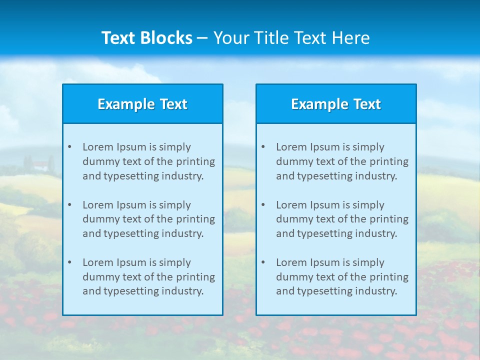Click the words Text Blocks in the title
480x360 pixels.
point(146,38)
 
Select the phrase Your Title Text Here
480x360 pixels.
point(291,38)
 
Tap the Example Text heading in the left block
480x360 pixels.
point(142,104)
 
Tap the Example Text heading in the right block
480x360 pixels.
point(336,104)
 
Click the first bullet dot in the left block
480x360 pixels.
point(69,147)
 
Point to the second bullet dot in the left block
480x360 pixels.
point(69,205)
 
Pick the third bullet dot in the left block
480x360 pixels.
point(69,262)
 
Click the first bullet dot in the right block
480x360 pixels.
point(263,147)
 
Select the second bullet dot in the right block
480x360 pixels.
point(263,205)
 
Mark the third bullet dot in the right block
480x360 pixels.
point(263,262)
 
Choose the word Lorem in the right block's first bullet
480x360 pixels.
point(290,147)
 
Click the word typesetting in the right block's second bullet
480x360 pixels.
point(327,233)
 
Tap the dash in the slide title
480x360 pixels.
point(202,38)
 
